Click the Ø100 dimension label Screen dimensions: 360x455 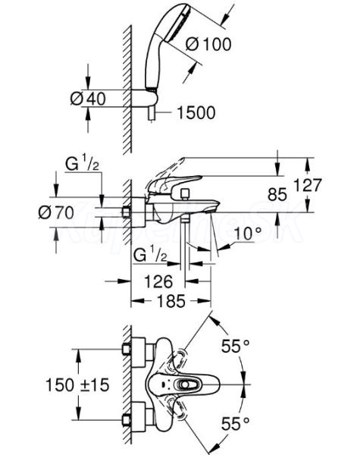208,45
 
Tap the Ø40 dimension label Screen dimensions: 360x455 88,99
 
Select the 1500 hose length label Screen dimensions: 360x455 196,112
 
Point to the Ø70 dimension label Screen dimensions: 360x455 56,212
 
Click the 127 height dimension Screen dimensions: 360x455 308,185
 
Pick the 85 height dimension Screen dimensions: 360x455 277,194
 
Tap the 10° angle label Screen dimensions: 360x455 247,234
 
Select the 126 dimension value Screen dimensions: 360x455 158,281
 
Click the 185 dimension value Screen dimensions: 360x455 171,301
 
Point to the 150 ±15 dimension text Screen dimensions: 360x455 77,385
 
